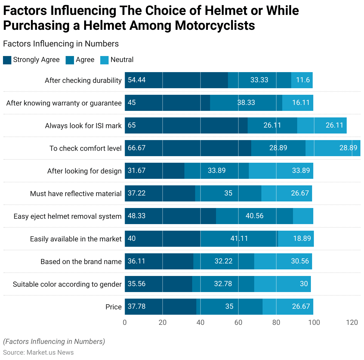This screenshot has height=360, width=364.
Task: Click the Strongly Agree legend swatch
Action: point(7,60)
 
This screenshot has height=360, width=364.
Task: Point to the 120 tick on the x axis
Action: point(352,322)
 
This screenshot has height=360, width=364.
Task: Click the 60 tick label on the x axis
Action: point(238,322)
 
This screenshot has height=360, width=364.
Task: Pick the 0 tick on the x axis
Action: point(125,322)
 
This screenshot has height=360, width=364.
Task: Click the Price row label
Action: point(113,307)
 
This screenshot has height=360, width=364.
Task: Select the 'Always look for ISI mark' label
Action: point(83,126)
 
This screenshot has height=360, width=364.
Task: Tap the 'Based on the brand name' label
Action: point(81,262)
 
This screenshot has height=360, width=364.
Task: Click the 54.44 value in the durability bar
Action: point(137,80)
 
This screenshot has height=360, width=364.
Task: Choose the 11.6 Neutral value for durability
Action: point(303,80)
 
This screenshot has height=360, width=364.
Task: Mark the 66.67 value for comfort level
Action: point(137,148)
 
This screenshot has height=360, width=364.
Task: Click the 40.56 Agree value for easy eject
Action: point(255,216)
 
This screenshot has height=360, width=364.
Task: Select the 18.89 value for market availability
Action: point(302,238)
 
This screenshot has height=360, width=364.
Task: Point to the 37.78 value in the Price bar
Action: point(137,306)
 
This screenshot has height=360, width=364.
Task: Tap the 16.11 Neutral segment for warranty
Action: point(301,103)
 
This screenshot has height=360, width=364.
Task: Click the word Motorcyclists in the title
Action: point(215,25)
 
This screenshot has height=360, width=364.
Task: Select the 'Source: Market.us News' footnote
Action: point(38,353)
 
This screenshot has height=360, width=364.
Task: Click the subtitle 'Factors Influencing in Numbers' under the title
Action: point(61,44)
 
